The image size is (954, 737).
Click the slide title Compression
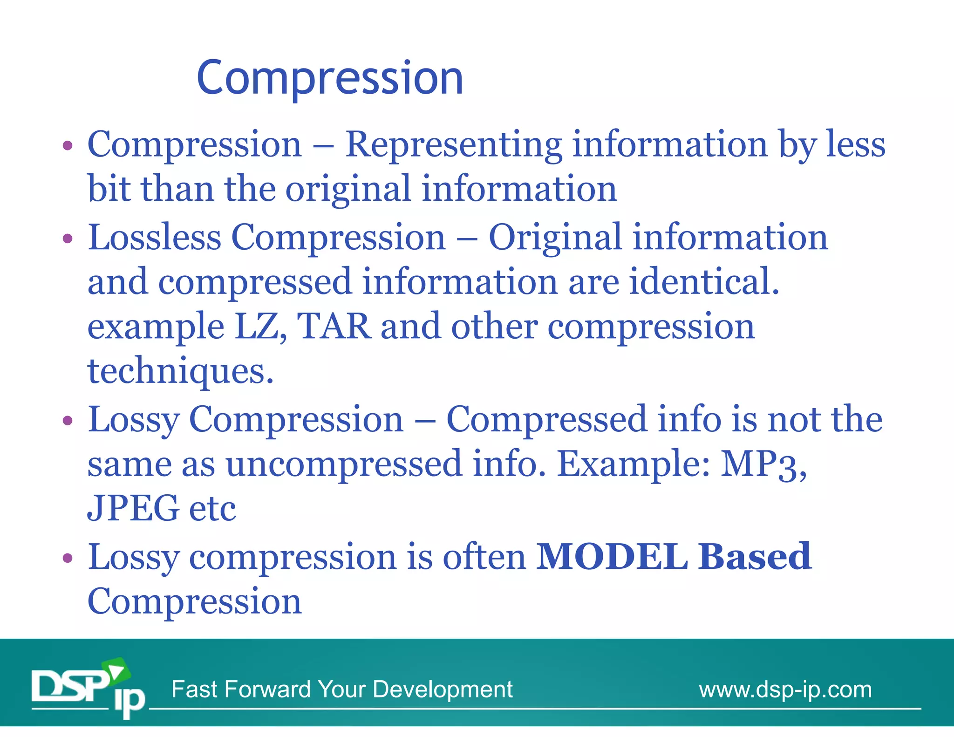pos(330,78)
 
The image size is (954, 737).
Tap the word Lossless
pos(154,238)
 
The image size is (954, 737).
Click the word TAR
pos(334,327)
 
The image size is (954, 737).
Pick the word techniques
pos(180,371)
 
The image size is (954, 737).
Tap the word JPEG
pos(133,508)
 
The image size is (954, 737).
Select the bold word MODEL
pos(612,557)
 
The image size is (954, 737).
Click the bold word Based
pos(755,557)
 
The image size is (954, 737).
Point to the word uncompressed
pos(344,464)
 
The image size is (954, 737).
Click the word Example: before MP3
pos(634,464)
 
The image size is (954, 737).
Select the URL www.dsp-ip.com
pos(785,689)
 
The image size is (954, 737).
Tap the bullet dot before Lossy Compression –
pos(68,421)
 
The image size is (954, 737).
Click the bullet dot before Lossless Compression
pos(68,239)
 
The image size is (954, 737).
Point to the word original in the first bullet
pos(348,189)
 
